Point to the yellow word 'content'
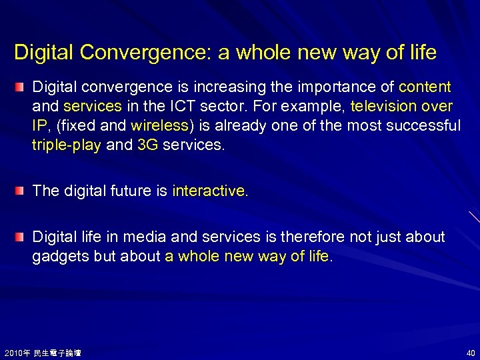pyautogui.click(x=425, y=87)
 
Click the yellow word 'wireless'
pyautogui.click(x=160, y=126)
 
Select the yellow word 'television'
pyautogui.click(x=383, y=107)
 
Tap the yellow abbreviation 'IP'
pyautogui.click(x=39, y=126)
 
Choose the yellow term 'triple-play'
pyautogui.click(x=67, y=145)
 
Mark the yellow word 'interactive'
pyautogui.click(x=208, y=191)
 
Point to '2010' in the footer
pyautogui.click(x=13, y=353)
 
